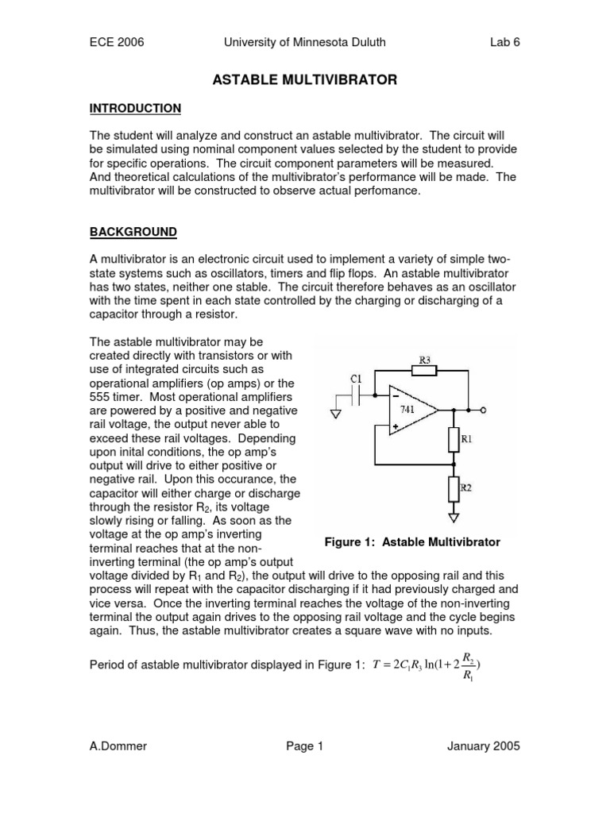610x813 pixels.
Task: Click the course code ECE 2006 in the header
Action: [117, 42]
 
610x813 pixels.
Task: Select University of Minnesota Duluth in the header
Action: [305, 42]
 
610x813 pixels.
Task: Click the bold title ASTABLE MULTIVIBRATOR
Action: [305, 79]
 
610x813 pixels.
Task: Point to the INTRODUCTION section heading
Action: [135, 108]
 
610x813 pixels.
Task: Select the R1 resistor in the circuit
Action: [454, 438]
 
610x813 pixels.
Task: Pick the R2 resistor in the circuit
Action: [454, 488]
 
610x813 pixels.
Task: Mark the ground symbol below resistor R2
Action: [454, 518]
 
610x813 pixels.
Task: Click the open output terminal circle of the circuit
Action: [484, 410]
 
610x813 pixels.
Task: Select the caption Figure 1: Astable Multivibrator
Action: [412, 542]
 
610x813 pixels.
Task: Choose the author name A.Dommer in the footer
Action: [120, 746]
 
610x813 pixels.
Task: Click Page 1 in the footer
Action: [304, 746]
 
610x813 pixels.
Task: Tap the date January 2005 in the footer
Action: [484, 746]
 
